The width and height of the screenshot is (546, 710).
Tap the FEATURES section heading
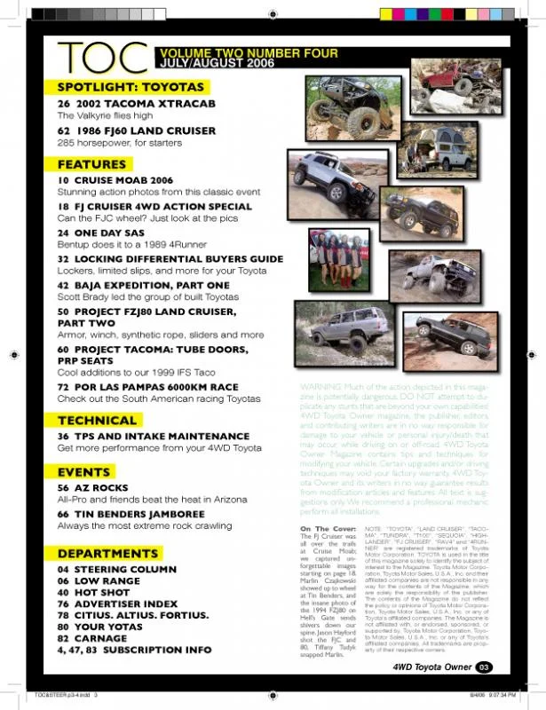pos(92,164)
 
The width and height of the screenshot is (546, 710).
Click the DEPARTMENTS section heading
pos(107,554)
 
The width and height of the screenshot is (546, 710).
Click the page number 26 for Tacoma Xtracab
pos(64,104)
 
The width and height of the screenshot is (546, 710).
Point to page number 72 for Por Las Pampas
pos(64,387)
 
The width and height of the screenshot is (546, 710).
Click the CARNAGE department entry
pos(109,638)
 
